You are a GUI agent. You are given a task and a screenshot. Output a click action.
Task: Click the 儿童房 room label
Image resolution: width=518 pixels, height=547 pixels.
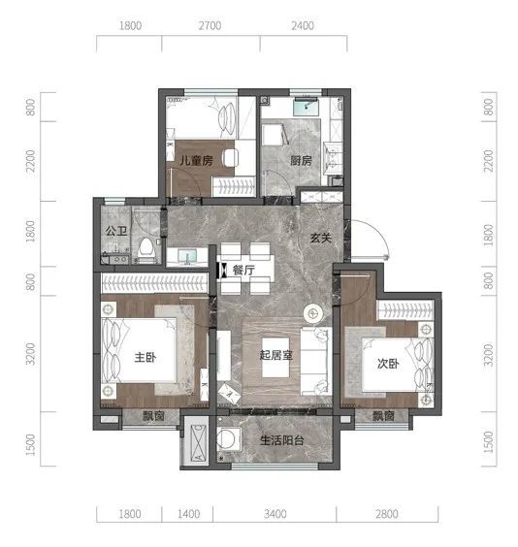[x=196, y=161]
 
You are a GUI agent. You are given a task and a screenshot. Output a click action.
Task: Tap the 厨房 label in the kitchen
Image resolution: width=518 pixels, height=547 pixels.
[x=301, y=160]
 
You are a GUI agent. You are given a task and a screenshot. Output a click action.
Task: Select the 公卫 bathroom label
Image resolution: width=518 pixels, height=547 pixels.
[x=116, y=231]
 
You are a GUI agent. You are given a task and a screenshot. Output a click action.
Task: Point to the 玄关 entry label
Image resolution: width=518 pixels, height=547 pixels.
[x=320, y=238]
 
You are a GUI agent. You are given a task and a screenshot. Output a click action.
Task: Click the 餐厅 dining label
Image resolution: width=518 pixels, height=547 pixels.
[x=243, y=270]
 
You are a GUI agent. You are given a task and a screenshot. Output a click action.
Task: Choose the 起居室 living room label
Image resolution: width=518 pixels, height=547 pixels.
[x=275, y=355]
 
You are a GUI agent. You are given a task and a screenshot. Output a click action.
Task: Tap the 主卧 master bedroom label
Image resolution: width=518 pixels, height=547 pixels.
[x=146, y=357]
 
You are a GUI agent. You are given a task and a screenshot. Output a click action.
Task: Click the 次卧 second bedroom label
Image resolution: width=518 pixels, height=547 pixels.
[x=388, y=364]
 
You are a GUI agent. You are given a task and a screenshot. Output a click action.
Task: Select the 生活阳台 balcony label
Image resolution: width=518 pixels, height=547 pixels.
[x=282, y=440]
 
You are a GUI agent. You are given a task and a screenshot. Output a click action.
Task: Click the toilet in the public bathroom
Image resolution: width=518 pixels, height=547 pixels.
[x=146, y=248]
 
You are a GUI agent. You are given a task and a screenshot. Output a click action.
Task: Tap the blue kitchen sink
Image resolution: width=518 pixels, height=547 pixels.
[x=306, y=107]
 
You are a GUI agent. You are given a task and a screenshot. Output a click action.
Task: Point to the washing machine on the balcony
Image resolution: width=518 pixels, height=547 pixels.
[x=228, y=439]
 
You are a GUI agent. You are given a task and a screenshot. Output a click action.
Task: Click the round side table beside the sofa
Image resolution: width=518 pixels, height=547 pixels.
[x=313, y=313]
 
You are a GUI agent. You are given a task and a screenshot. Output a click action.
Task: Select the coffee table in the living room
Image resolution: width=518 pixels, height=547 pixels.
[x=275, y=358]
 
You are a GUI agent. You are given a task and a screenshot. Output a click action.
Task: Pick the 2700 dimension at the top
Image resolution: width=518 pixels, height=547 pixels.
[x=210, y=25]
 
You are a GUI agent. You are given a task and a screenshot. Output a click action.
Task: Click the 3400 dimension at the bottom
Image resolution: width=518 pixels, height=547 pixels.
[x=275, y=514]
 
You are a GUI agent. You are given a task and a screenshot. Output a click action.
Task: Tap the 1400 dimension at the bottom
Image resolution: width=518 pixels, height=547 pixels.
[x=189, y=514]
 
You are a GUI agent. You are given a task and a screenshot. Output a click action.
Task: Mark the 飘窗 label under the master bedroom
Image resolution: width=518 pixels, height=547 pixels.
[x=153, y=416]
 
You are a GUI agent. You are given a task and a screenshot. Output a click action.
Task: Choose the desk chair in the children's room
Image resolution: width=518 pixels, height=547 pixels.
[x=230, y=158]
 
